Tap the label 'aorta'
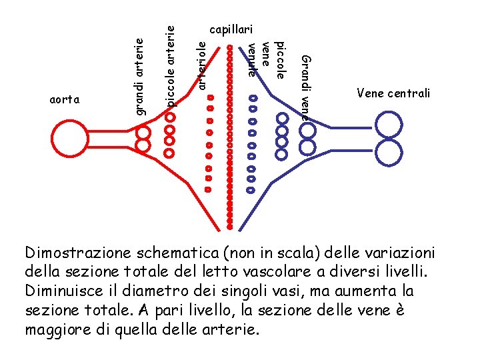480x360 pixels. pyautogui.click(x=65, y=100)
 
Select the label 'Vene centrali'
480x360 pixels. pyautogui.click(x=393, y=93)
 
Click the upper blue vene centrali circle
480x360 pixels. pyautogui.click(x=389, y=125)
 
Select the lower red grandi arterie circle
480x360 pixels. pyautogui.click(x=143, y=145)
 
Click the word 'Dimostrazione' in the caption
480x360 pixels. pyautogui.click(x=78, y=254)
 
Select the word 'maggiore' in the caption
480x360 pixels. pyautogui.click(x=55, y=329)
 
